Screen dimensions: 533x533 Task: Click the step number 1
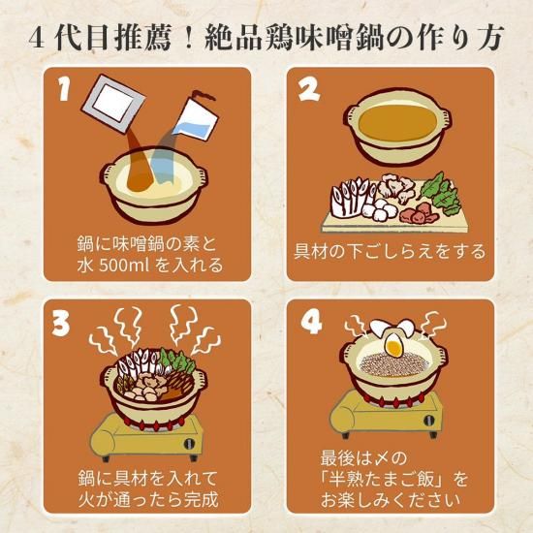click(x=65, y=88)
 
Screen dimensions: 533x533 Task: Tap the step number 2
click(x=309, y=89)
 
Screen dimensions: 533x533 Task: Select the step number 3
click(x=61, y=324)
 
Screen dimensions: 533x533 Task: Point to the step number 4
click(x=311, y=323)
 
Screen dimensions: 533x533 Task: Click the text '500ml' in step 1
click(x=124, y=266)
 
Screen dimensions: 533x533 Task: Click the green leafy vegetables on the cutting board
click(x=438, y=194)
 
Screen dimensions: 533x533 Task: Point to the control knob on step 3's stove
click(x=189, y=444)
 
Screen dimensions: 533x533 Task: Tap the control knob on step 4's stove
click(x=429, y=421)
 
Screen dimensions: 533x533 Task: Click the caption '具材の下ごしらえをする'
click(x=390, y=252)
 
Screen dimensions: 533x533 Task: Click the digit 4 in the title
click(x=37, y=40)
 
